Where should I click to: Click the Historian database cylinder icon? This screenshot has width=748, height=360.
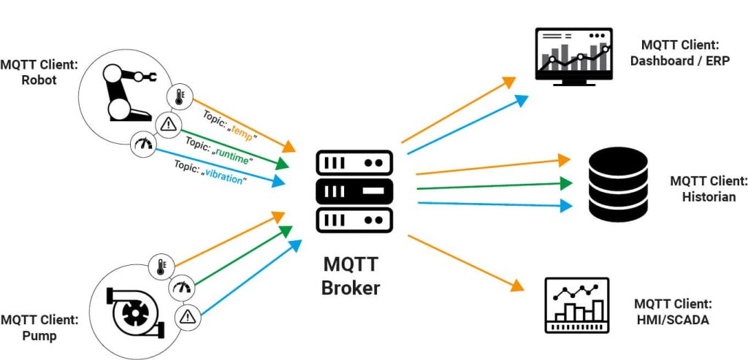click(x=618, y=184)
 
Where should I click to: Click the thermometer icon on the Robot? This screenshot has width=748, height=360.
click(x=179, y=97)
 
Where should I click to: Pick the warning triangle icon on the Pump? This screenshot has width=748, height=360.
click(x=188, y=317)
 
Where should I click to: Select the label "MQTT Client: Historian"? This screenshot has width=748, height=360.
click(x=708, y=188)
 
